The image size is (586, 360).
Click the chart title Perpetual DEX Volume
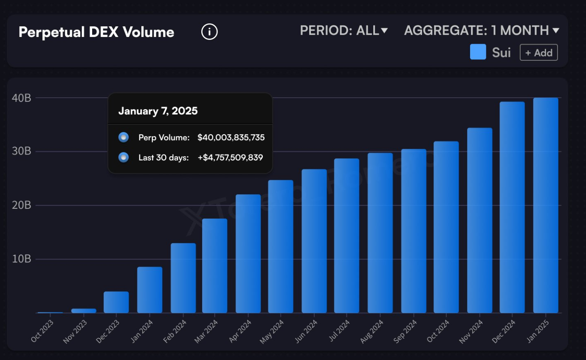(x=96, y=32)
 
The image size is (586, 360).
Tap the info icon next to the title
(x=209, y=32)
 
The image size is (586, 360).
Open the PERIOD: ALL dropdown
(x=344, y=31)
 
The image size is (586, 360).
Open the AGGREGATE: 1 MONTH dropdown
(x=481, y=31)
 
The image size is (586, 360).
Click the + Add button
(x=538, y=53)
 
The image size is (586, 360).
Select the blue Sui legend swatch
(x=478, y=52)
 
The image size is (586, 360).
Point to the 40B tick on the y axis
(x=21, y=98)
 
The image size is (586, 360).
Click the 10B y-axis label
(x=21, y=259)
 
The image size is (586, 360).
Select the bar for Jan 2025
(x=546, y=205)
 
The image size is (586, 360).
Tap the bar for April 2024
(x=248, y=253)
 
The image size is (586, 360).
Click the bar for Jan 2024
(x=149, y=290)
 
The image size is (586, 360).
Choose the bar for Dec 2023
(x=116, y=302)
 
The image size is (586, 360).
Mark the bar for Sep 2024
(x=414, y=231)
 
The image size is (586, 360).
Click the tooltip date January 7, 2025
(x=158, y=111)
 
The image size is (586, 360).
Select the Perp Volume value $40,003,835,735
(x=231, y=138)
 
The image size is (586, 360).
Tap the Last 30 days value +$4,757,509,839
(x=230, y=157)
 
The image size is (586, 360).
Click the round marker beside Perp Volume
(x=124, y=137)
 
